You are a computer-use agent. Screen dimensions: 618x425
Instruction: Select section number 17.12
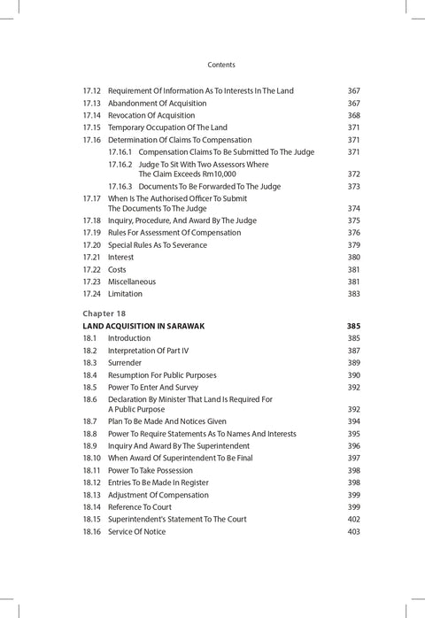[x=92, y=91]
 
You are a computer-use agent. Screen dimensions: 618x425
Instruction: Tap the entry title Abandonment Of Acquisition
[x=157, y=104]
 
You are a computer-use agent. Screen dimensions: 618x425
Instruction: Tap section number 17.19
[x=92, y=233]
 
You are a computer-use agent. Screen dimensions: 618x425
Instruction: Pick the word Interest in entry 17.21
[x=121, y=258]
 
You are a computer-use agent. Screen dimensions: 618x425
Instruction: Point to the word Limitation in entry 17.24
[x=125, y=294]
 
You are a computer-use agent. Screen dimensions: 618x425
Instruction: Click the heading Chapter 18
[x=104, y=313]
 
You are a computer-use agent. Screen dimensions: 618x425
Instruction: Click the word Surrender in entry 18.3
[x=125, y=363]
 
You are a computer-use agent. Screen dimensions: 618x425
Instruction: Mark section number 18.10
[x=92, y=458]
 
